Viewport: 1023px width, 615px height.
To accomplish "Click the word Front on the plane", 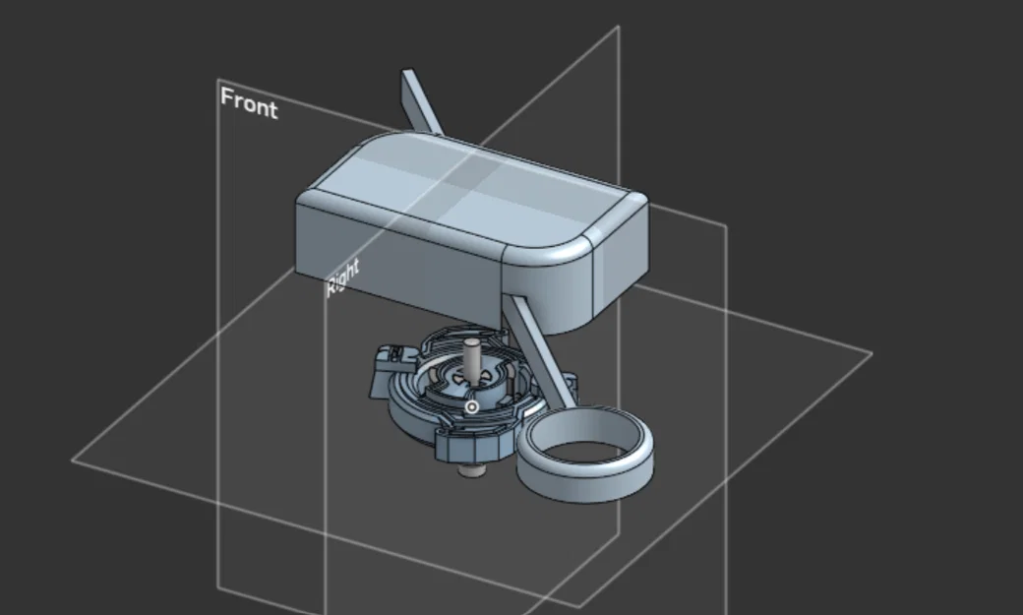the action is (x=249, y=102).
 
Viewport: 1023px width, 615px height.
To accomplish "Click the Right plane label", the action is (x=342, y=277).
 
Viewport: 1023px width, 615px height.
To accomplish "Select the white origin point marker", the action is (x=471, y=407).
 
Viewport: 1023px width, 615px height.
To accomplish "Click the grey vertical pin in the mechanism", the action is (x=472, y=360).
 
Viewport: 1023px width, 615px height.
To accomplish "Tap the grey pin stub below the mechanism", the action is (x=471, y=469).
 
